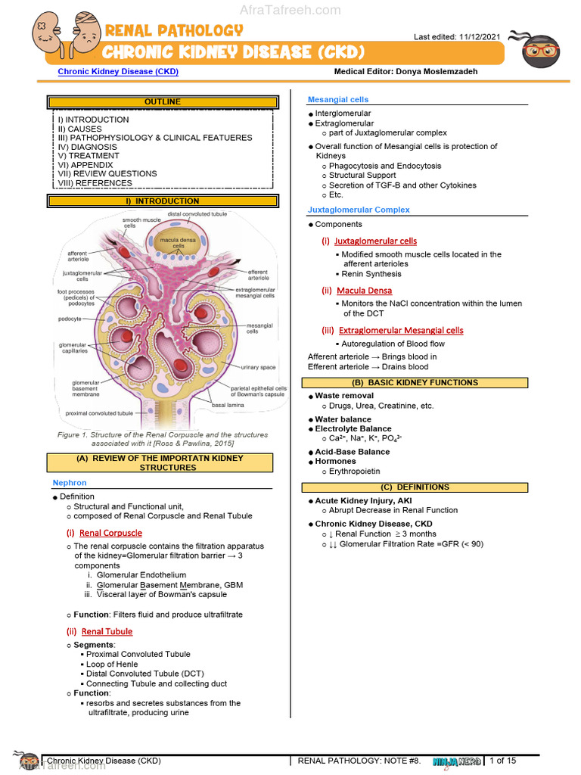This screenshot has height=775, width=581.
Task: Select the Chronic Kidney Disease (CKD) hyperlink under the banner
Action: [118, 72]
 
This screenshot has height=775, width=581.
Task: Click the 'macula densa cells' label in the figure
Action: [178, 243]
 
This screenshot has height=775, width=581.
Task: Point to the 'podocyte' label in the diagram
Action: [69, 319]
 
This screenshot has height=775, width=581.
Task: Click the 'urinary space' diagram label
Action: [259, 367]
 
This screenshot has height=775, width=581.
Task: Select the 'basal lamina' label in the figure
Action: [228, 405]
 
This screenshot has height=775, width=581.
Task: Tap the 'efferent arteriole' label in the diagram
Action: [257, 275]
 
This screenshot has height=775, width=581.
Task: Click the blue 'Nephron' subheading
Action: [70, 483]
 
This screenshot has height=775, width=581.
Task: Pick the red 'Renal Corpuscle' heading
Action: [110, 533]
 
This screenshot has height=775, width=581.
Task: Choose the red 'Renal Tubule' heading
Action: [107, 631]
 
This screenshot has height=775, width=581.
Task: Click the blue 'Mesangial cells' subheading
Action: [338, 100]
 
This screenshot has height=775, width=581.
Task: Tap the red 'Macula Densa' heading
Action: [364, 291]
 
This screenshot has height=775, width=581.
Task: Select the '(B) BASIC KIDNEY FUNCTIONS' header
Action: [415, 383]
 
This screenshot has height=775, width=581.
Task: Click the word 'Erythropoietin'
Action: [355, 471]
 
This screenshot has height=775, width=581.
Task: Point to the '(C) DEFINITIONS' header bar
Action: [415, 487]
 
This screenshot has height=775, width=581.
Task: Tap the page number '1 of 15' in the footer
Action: [502, 761]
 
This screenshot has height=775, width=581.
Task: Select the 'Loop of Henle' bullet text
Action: [112, 664]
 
